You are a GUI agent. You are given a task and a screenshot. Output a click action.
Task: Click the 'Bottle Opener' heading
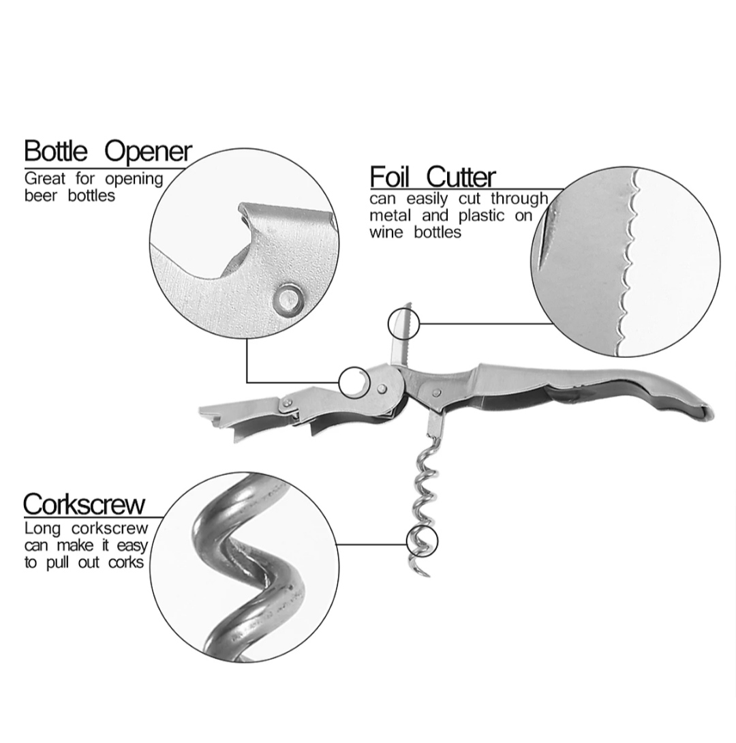pos(108,151)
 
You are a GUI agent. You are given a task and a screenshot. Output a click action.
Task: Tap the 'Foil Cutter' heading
pos(433,177)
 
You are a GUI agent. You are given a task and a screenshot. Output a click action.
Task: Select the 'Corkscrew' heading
pos(85,505)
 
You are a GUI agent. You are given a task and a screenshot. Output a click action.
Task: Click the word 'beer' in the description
pos(42,196)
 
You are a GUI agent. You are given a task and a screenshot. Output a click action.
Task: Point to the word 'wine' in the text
pos(388,232)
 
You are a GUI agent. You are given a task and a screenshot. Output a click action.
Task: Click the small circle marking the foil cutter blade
pos(402,322)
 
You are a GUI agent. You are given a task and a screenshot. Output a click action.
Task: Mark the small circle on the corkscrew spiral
pos(420,542)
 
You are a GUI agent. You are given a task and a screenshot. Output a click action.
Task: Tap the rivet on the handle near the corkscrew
pos(434,393)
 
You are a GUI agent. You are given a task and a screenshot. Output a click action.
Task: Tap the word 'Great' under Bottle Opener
pos(45,179)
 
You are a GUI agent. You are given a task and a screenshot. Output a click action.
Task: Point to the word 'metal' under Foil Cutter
pos(390,216)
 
